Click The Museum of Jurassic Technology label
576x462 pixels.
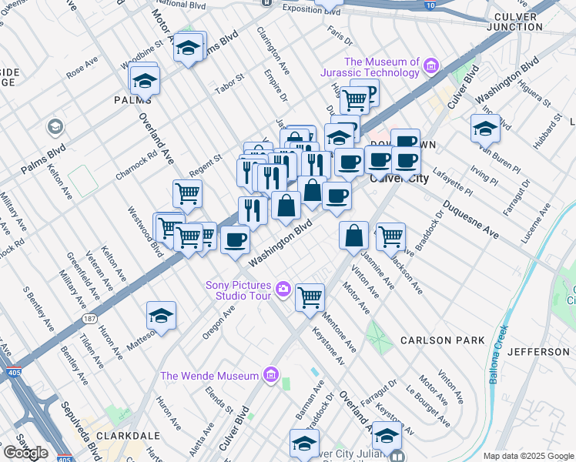(381, 67)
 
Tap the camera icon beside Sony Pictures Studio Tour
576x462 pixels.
(283, 290)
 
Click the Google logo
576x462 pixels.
(25, 453)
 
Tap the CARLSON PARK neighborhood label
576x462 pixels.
(442, 340)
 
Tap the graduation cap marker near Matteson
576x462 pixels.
(161, 316)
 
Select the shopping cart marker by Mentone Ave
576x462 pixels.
(309, 296)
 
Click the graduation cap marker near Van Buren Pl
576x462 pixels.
(485, 128)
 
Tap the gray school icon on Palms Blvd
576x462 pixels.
(55, 126)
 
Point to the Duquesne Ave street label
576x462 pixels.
(469, 220)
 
